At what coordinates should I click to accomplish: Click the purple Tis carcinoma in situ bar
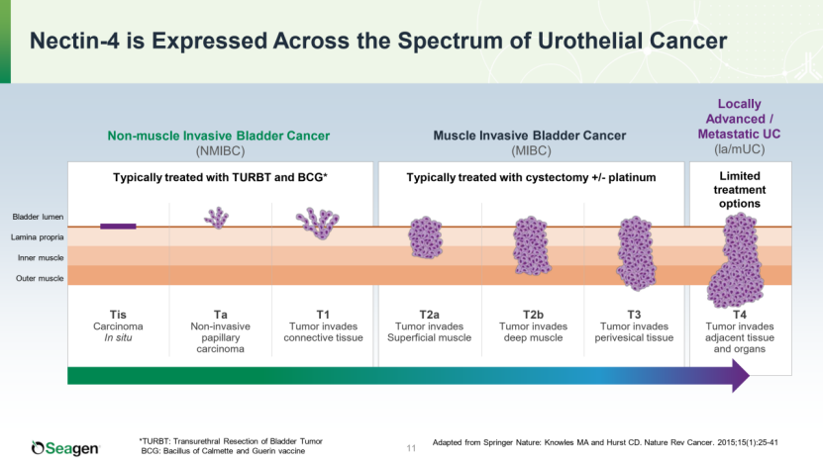118,227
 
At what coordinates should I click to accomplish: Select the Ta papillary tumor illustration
217,217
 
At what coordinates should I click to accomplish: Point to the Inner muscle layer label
39,257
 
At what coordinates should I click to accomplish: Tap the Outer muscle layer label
39,278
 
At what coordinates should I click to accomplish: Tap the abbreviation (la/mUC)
739,149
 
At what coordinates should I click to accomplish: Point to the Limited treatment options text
739,189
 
